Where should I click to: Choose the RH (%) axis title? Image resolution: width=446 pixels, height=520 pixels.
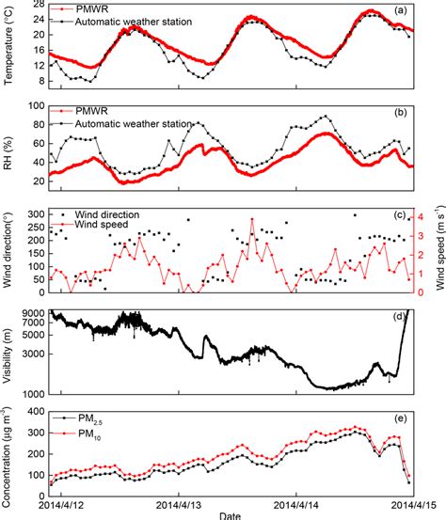(x=8, y=150)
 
